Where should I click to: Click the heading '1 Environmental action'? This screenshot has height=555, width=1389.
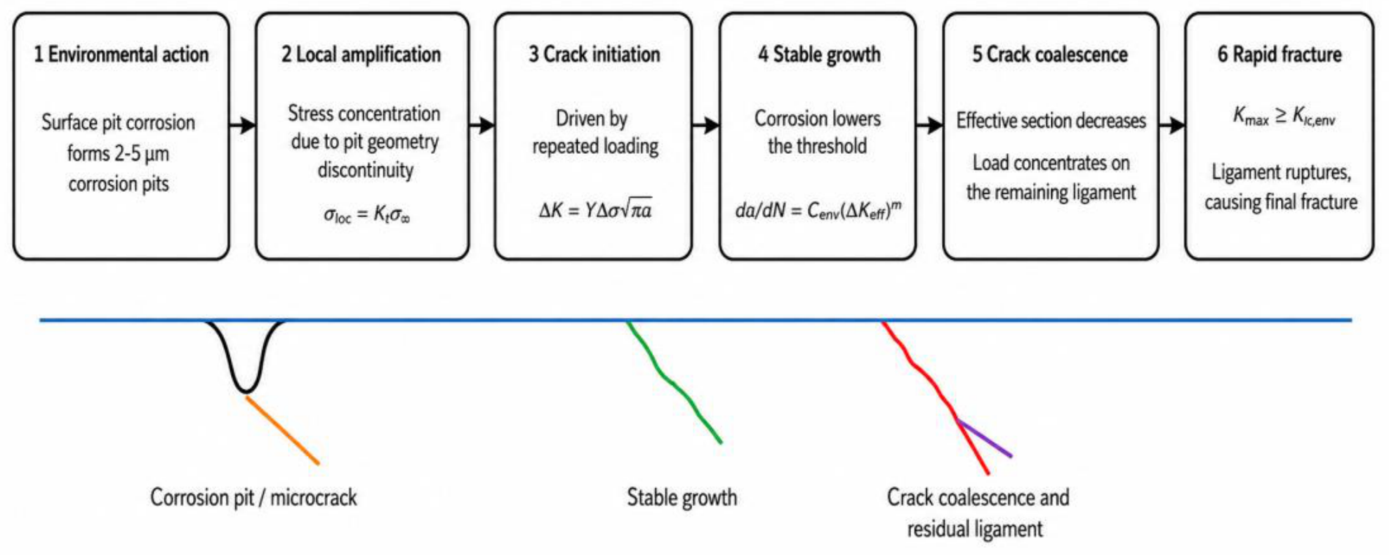(121, 54)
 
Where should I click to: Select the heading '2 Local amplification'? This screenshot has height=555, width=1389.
(361, 54)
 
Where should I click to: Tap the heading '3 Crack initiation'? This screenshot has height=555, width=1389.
(594, 54)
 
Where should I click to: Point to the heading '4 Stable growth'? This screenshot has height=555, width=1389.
(819, 54)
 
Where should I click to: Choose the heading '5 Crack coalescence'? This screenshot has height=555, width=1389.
(1050, 54)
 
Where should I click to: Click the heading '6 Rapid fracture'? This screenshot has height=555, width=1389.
(1280, 54)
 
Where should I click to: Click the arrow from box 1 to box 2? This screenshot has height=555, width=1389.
(243, 126)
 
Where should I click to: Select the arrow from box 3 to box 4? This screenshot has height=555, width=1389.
(706, 126)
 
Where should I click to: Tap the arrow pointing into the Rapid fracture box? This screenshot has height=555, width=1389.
(1172, 126)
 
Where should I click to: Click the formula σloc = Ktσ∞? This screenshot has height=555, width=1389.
(366, 214)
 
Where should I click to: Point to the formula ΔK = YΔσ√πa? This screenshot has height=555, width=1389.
(595, 209)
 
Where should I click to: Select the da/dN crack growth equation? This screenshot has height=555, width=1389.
(818, 209)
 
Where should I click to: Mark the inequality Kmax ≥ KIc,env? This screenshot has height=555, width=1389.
(1284, 116)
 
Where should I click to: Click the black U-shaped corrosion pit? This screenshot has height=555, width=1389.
(245, 390)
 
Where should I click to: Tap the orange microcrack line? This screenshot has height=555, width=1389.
(282, 430)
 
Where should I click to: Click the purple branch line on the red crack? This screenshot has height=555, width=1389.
(985, 438)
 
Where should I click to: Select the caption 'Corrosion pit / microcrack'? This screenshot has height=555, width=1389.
(253, 497)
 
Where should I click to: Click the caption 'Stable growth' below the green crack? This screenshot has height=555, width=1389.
(682, 497)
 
